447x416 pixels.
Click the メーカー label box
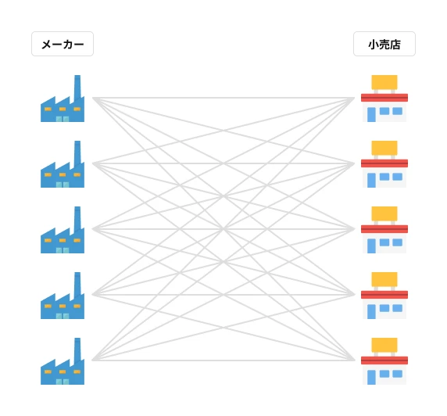[63, 44]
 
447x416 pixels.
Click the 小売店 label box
[384, 44]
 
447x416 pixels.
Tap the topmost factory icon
[63, 99]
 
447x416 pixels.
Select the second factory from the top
[63, 164]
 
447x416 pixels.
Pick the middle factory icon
[63, 230]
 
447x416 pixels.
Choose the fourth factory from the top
[63, 296]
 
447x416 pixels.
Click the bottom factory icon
[63, 361]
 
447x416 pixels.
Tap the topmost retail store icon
[384, 99]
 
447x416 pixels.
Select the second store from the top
[384, 164]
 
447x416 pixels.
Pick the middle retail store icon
[384, 230]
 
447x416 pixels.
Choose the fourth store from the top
[384, 296]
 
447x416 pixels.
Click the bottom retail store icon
[384, 361]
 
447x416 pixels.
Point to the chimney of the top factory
[77, 87]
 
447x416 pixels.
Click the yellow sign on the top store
[384, 82]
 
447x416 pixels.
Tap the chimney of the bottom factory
[77, 350]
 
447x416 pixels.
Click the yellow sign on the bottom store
[384, 345]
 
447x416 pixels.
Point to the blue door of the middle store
[371, 246]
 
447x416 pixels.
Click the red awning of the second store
[384, 163]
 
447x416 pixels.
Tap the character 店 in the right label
[395, 45]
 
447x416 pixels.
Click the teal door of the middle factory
[63, 250]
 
